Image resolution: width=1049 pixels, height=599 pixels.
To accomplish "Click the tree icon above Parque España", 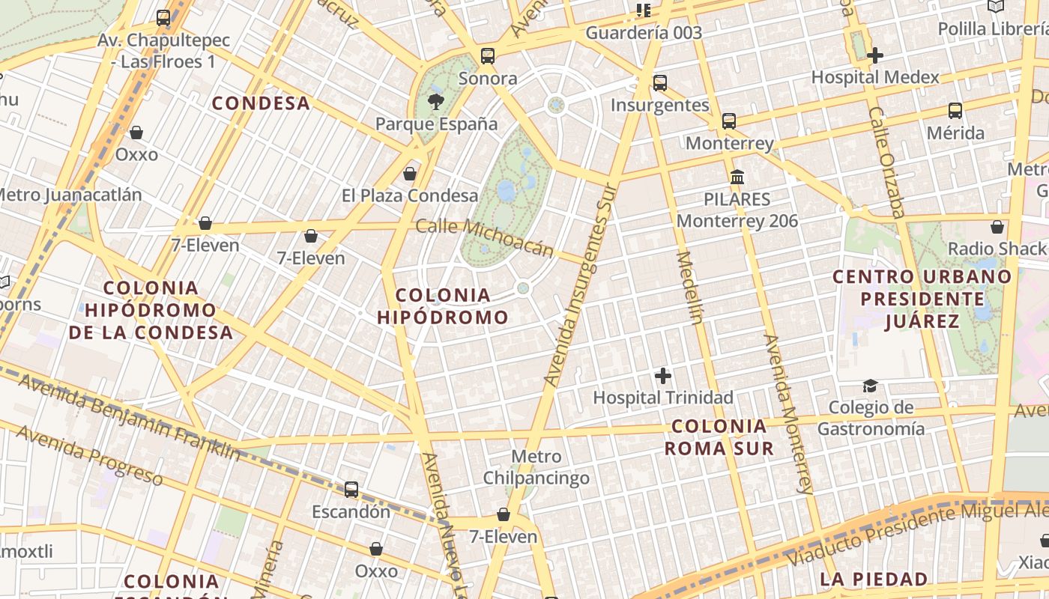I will [435, 101].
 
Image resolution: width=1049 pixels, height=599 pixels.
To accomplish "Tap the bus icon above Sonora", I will [488, 55].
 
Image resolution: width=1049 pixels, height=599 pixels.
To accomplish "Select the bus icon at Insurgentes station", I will [659, 82].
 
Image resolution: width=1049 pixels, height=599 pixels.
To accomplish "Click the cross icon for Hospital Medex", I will [874, 55].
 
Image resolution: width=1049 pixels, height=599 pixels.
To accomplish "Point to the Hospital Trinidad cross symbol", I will [662, 375].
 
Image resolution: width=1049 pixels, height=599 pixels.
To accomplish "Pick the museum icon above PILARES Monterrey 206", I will [737, 177].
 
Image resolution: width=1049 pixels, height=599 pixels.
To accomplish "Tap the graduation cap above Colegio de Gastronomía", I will [870, 386].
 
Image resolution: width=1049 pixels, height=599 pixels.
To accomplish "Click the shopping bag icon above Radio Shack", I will [997, 226].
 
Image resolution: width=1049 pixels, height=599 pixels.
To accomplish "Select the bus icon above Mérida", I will [955, 111].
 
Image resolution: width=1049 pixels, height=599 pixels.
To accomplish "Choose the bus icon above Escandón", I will [351, 490].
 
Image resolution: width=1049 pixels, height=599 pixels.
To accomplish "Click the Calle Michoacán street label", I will [484, 237].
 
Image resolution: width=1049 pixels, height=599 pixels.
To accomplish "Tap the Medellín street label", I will [689, 288].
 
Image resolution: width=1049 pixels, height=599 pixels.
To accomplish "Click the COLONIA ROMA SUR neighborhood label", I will [719, 437].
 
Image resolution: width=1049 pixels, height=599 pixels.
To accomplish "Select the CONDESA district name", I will [261, 103].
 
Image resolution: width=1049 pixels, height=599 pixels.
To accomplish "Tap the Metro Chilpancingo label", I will [536, 467].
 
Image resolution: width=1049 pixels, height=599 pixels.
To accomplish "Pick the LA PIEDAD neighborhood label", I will [874, 579].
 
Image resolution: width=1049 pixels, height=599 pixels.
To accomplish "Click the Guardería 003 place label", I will [644, 32].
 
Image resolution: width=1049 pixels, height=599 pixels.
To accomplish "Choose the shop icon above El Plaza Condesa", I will [409, 174].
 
